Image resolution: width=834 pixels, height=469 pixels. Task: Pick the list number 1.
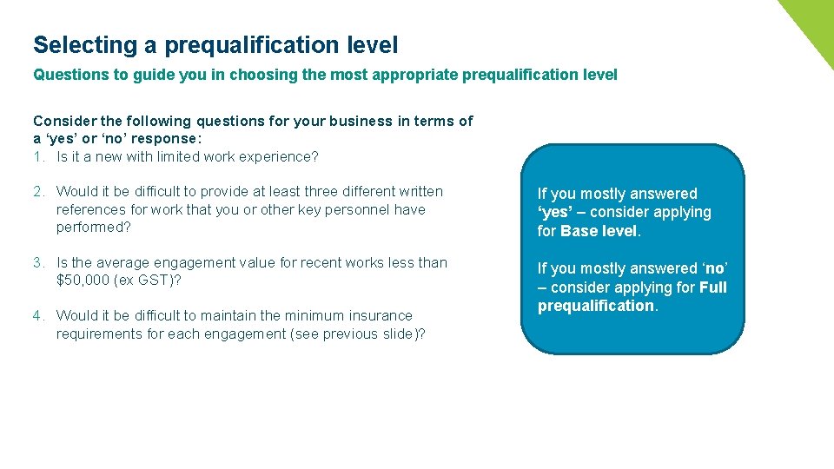click(x=39, y=157)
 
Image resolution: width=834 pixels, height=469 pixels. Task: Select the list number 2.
click(x=39, y=191)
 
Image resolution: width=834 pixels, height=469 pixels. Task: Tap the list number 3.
click(x=39, y=262)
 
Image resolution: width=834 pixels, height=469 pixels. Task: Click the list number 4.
click(x=39, y=315)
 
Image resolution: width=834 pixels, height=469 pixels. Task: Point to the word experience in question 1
click(x=280, y=157)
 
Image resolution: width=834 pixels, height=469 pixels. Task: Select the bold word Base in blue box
click(x=579, y=231)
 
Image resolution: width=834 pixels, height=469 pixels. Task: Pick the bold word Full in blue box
click(x=712, y=287)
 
